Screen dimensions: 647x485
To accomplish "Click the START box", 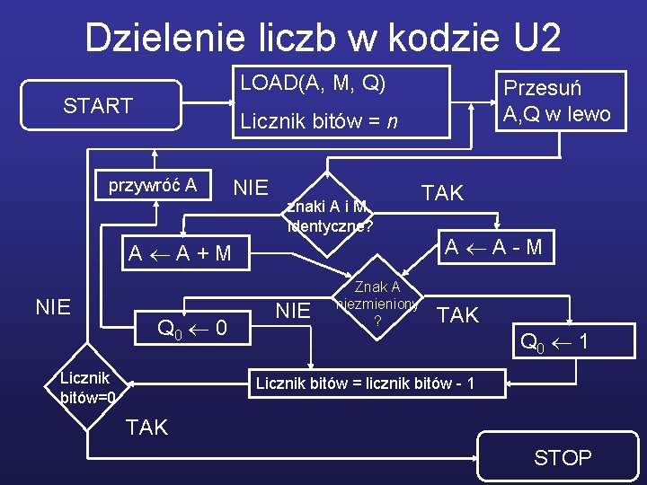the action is point(98,106).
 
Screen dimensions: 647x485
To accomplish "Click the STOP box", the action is point(563,458).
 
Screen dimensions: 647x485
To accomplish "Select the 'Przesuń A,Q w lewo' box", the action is point(556,101).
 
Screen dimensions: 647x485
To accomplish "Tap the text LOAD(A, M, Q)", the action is point(313,84).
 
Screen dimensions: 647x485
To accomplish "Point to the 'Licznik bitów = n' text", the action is point(319,122).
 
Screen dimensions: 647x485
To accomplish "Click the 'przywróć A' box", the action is point(153,187).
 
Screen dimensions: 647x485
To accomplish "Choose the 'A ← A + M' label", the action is point(180,253).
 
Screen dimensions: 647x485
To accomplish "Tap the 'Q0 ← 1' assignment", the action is point(554,341).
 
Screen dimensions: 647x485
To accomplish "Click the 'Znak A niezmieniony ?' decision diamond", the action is point(377,304).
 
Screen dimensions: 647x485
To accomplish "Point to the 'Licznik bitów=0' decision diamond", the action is point(87,386).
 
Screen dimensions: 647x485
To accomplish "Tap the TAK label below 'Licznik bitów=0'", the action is point(147,428).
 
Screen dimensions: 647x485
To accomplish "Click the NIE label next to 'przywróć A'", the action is point(251,188).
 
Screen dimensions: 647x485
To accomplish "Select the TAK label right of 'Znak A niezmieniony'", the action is point(457,314).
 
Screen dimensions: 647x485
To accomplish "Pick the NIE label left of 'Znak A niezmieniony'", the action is point(292,311).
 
